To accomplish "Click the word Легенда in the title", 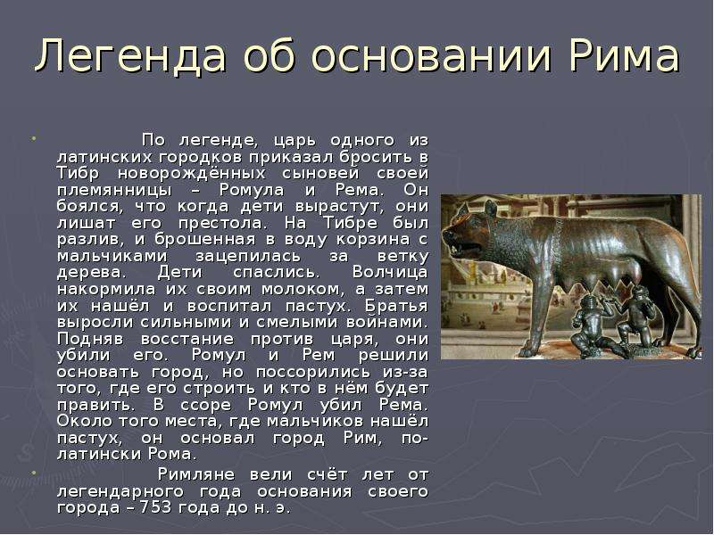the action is click(x=130, y=56).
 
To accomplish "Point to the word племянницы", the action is click(x=115, y=191).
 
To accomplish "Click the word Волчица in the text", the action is click(x=390, y=272).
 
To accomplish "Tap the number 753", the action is click(x=154, y=507).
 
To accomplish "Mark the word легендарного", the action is click(x=120, y=492).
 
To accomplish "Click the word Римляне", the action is click(x=196, y=474).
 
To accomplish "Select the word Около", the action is click(x=85, y=421).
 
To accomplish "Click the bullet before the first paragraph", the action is click(x=33, y=136).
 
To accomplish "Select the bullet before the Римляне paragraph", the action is click(x=33, y=473).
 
